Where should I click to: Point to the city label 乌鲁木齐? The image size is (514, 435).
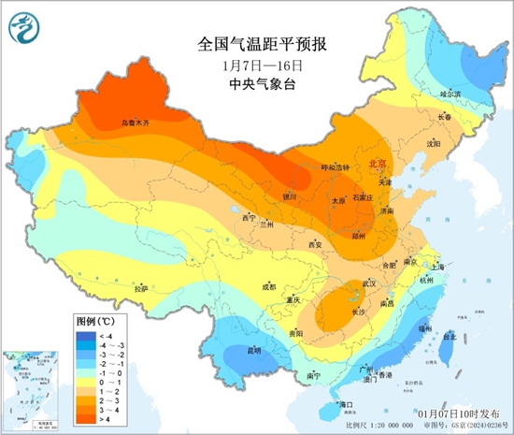pyautogui.click(x=136, y=123)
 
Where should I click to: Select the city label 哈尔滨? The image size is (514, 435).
pyautogui.click(x=450, y=94)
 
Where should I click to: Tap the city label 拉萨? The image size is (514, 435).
pyautogui.click(x=141, y=289)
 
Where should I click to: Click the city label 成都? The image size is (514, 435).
pyautogui.click(x=269, y=286)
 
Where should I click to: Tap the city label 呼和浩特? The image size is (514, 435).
pyautogui.click(x=334, y=167)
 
